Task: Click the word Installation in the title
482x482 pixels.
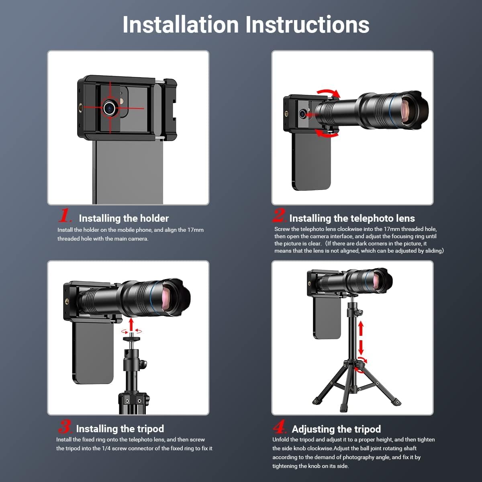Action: (181, 25)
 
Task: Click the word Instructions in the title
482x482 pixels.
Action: (307, 25)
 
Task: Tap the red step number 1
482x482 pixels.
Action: (65, 215)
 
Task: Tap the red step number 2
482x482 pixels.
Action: (279, 215)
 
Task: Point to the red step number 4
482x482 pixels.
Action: (279, 426)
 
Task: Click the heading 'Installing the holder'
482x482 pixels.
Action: (124, 219)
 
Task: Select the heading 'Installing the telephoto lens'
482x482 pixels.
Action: (352, 219)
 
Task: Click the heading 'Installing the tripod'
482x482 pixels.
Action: (120, 429)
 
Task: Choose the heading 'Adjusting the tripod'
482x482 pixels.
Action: (336, 429)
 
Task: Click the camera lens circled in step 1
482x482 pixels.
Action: (109, 108)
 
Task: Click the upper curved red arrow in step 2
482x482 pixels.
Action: (329, 93)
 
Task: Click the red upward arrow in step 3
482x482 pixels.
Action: (131, 324)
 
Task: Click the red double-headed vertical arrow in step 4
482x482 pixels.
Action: (360, 338)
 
